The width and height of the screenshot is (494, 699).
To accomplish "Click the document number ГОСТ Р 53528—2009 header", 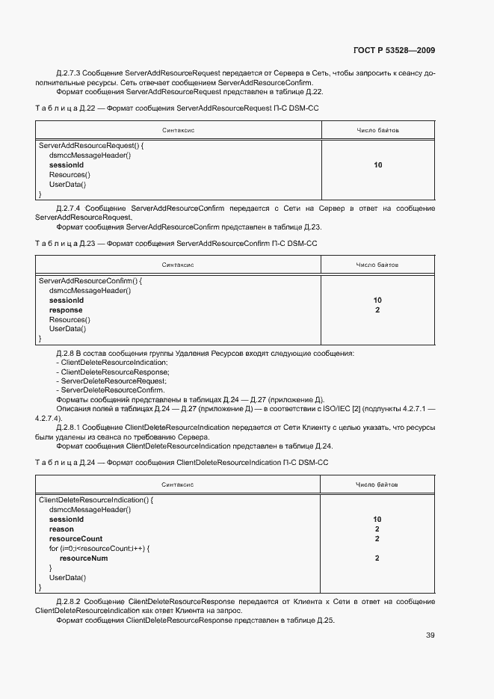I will point(394,51).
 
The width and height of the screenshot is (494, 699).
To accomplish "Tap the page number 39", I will point(430,635).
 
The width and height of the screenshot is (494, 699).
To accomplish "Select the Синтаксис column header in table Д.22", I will point(179,130).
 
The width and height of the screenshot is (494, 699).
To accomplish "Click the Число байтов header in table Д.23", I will point(377,265).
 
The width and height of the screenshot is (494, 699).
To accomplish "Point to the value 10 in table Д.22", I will point(377,164).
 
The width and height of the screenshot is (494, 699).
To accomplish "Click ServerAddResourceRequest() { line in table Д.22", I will point(90,145).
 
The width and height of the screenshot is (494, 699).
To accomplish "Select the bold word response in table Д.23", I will point(66,310).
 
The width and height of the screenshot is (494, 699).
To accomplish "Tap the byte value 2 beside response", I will point(377,310).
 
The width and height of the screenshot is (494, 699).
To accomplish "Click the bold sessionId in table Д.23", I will point(66,300).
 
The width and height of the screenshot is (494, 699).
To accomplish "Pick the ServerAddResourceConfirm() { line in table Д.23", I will point(90,280).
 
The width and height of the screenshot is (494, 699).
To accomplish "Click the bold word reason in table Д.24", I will point(61,529).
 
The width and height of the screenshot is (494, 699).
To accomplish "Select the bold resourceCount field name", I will point(75,538).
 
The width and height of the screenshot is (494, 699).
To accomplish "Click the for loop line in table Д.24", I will point(99,548).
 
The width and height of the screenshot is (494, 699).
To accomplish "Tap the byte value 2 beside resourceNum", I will point(377,558).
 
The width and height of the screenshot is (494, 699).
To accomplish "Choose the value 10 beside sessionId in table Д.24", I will point(377,519).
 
